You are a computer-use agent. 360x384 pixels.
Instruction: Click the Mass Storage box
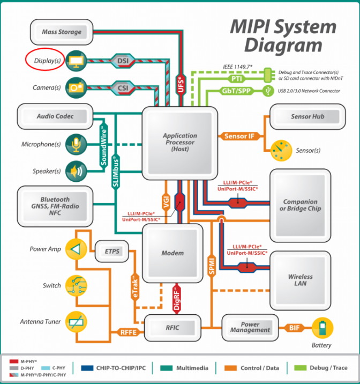(61, 32)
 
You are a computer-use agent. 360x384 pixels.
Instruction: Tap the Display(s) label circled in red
(44, 61)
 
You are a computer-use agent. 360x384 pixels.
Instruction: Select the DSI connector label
(122, 61)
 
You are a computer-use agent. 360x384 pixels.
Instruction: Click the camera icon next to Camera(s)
(75, 87)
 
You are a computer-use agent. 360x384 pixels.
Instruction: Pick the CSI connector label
(122, 87)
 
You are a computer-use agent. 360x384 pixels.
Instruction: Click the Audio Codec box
(55, 116)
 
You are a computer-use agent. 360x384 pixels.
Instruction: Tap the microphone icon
(75, 144)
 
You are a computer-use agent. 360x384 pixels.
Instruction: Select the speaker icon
(75, 172)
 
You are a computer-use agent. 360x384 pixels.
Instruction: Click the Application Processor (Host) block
(179, 143)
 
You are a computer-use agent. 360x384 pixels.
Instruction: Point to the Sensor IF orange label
(239, 136)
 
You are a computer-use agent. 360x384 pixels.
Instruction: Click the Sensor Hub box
(307, 116)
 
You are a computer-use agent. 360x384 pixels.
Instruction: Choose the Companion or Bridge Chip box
(303, 205)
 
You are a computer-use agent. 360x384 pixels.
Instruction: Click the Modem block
(172, 253)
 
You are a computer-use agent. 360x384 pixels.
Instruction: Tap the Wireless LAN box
(300, 280)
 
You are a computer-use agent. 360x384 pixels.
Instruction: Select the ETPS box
(112, 251)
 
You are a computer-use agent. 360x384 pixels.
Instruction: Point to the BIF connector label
(295, 327)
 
